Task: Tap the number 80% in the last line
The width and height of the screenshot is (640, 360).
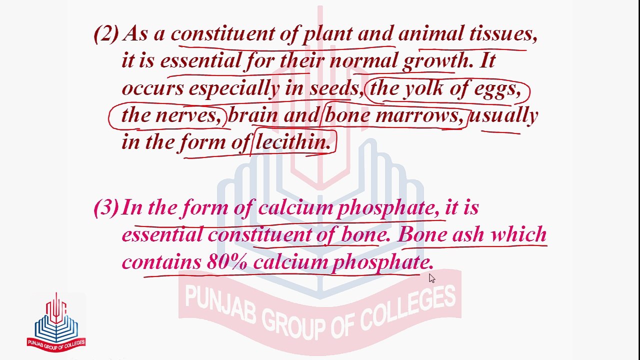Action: coord(226,262)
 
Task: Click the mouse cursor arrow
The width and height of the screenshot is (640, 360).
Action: coord(431,278)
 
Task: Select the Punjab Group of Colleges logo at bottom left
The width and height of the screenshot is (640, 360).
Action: coord(56,322)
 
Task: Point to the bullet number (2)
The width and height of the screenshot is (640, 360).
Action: coord(106,34)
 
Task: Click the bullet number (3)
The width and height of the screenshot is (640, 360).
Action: coord(106,207)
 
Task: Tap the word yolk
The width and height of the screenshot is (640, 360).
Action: coord(424,88)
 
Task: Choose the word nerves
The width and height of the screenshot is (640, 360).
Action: coord(187,115)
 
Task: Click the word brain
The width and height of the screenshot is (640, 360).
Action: coord(253,115)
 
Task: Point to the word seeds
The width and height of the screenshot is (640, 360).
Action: coord(334,88)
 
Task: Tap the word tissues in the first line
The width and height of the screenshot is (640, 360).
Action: coord(502,34)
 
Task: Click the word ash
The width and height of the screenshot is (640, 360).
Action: coord(468,234)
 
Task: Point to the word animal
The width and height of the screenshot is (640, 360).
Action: coord(430,34)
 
